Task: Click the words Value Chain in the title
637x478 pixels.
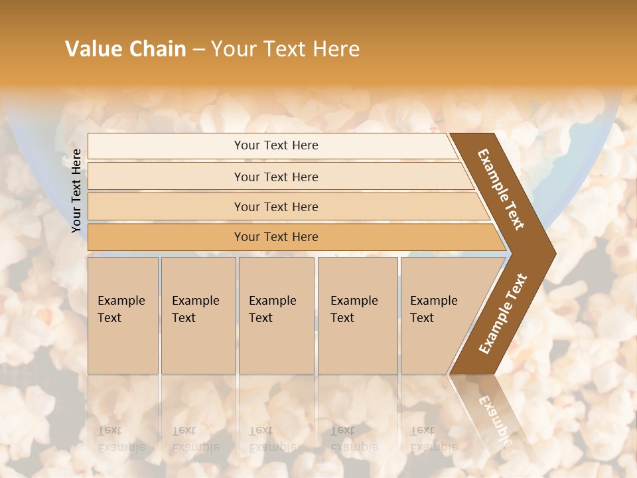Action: pos(125,49)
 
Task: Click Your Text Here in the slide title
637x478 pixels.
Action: pos(285,49)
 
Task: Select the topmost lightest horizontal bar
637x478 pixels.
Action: pos(166,145)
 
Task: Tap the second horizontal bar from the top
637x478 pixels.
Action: pos(166,177)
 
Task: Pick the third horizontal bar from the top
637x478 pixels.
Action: pos(166,206)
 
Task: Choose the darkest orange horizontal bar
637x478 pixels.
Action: pos(166,237)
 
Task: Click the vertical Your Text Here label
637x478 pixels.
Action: pos(77,191)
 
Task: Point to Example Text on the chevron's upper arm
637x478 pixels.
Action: pos(501,189)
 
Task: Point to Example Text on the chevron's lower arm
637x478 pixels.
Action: pos(503,313)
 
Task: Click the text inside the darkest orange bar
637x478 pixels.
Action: pos(276,237)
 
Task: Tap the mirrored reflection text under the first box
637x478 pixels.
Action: pos(121,439)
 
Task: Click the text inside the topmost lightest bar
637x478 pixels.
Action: pos(276,145)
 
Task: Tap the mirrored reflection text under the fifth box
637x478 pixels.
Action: pos(433,439)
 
